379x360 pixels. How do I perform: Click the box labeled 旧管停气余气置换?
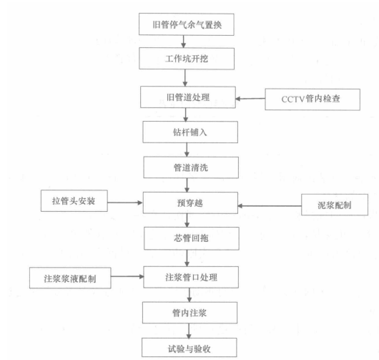187,24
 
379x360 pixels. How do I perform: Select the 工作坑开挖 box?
187,59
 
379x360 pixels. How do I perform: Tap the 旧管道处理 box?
188,97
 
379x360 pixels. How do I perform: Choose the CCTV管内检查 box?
312,99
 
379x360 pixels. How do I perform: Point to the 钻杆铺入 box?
190,132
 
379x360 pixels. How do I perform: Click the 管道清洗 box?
191,167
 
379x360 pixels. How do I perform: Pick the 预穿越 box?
190,203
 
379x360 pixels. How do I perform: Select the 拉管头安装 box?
74,201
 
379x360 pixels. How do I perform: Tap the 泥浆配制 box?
335,205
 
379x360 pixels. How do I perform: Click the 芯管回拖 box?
192,238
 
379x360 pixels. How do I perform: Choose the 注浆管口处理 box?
191,277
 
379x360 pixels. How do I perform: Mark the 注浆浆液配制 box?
70,278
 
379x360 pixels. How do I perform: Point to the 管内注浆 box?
189,313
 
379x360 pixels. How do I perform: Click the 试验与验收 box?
189,348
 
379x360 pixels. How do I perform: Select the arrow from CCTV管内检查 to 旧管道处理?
250,99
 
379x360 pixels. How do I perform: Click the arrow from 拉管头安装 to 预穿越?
125,203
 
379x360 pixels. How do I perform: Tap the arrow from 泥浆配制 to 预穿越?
270,206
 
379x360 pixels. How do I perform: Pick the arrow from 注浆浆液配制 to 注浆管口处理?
127,276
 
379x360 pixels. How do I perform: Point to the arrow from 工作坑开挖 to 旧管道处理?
185,78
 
